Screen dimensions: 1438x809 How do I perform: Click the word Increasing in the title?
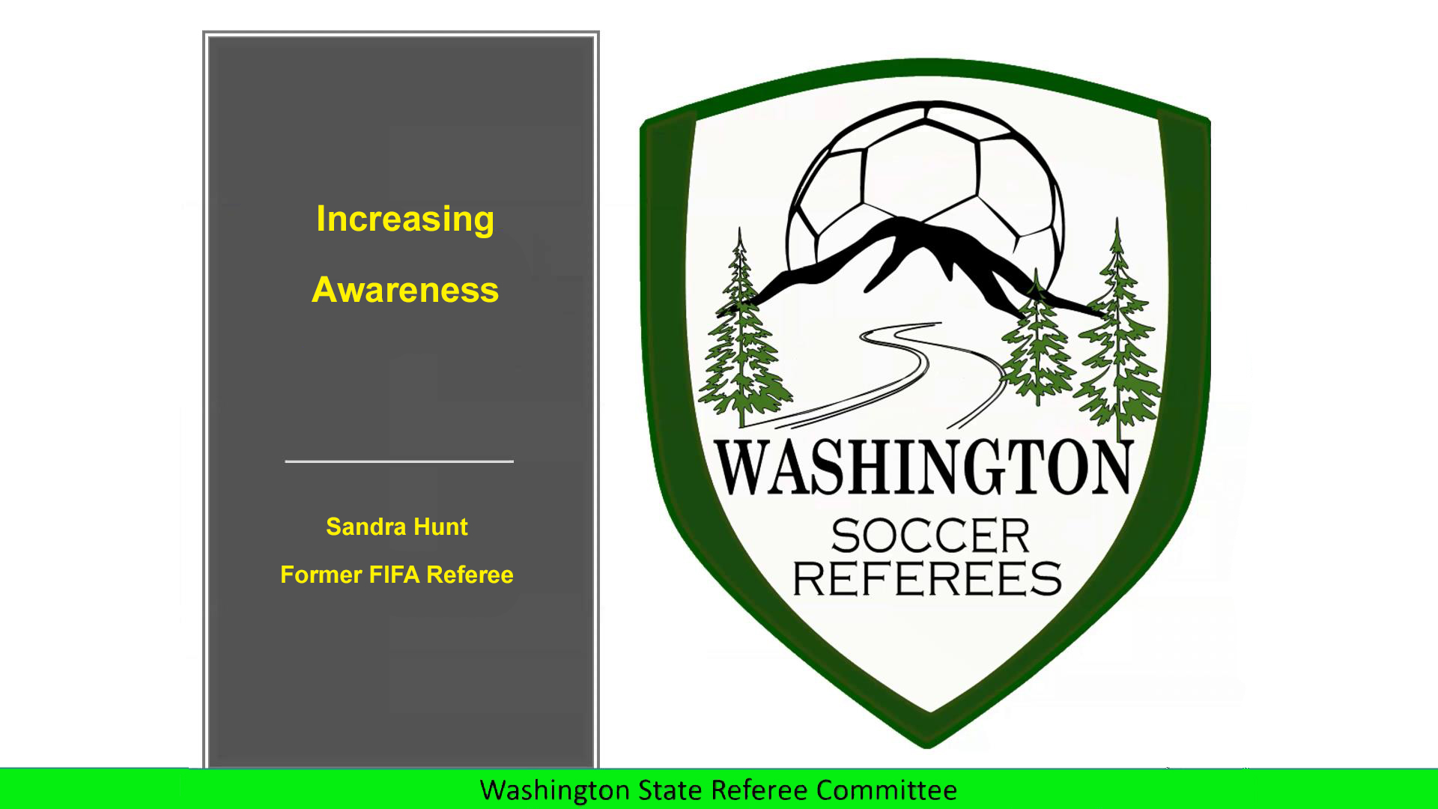(405, 220)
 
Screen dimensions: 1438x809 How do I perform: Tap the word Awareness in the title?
(405, 290)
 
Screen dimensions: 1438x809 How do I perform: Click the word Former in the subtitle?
(321, 575)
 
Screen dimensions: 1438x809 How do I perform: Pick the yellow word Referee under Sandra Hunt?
(470, 575)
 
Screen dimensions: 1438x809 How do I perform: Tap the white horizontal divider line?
(399, 461)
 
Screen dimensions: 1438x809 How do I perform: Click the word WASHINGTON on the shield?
(923, 467)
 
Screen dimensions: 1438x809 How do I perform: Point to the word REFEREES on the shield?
(927, 578)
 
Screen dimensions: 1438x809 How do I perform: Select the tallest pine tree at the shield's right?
(1117, 337)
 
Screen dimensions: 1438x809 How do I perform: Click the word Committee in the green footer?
(887, 790)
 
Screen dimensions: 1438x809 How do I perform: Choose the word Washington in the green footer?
(555, 791)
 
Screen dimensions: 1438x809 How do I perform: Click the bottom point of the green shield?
(927, 747)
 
